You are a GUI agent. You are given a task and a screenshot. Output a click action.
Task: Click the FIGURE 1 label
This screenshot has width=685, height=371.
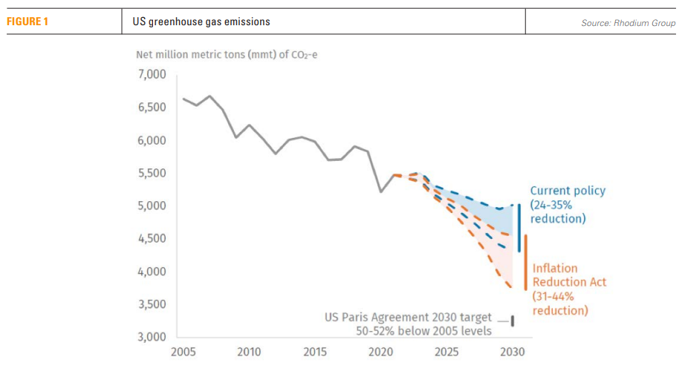click(x=27, y=22)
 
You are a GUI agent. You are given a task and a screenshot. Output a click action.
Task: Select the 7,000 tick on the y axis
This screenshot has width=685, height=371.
click(x=151, y=75)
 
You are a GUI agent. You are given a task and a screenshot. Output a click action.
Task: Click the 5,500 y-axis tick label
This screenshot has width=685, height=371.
click(x=151, y=173)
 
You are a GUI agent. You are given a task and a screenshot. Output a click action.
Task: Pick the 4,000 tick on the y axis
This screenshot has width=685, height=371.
click(x=151, y=272)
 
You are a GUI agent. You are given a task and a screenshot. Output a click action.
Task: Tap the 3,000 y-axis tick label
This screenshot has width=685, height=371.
click(x=151, y=337)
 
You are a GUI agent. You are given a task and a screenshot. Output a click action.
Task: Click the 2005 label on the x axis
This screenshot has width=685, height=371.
click(x=183, y=351)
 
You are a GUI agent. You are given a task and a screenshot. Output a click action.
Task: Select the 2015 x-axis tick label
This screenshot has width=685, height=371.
click(x=315, y=351)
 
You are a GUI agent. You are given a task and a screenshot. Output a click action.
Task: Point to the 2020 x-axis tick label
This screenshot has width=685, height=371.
click(x=380, y=351)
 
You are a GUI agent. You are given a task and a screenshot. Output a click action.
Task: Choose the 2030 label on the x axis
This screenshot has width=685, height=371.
click(x=513, y=351)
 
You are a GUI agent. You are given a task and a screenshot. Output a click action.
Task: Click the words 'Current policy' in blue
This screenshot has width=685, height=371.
click(x=568, y=191)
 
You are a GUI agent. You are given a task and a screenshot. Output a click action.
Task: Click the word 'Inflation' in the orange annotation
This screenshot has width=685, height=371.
click(x=555, y=268)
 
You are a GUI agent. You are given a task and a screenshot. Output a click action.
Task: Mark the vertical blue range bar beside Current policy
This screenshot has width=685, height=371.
click(x=519, y=228)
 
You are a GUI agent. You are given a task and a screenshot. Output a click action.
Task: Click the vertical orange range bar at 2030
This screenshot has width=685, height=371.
click(x=525, y=263)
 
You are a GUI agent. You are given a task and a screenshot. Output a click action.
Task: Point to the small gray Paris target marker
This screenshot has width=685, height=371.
click(x=512, y=321)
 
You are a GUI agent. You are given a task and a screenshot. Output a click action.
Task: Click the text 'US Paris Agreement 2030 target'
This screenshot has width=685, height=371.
click(x=408, y=317)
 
